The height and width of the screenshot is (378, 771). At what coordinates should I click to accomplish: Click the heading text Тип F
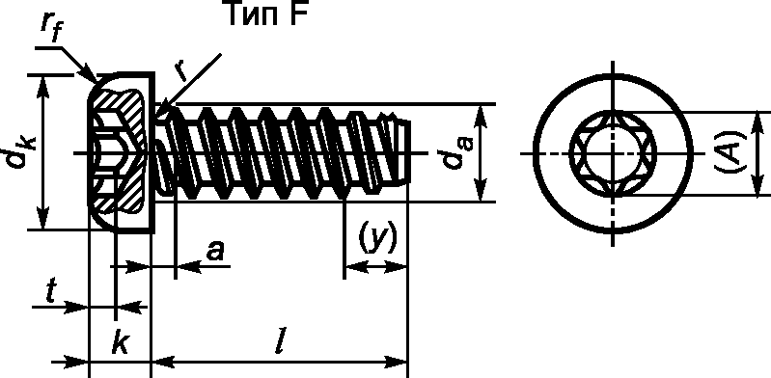point(267,13)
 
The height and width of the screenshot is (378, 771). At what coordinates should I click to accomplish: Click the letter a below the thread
point(215,252)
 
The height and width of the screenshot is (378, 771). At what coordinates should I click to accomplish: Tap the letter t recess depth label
point(50,293)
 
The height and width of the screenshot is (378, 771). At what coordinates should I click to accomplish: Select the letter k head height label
point(120,343)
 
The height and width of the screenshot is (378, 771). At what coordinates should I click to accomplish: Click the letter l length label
point(279,342)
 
